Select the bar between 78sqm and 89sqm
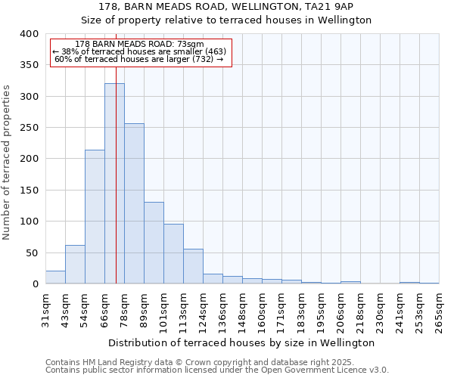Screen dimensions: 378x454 click(x=134, y=203)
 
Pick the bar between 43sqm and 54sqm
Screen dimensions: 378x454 click(x=75, y=265)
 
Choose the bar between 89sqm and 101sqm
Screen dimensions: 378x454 click(x=154, y=243)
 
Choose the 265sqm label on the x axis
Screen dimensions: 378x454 click(x=439, y=310)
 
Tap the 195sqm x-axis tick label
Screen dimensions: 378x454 click(x=321, y=310)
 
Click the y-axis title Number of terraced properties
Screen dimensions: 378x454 click(x=8, y=162)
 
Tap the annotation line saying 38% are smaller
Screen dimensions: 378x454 click(x=139, y=51)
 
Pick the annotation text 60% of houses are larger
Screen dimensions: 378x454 click(x=139, y=59)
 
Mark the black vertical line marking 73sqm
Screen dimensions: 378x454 click(x=116, y=151)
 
